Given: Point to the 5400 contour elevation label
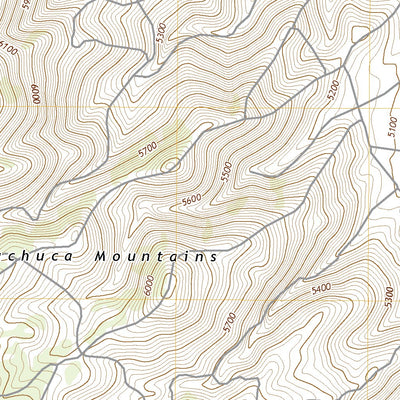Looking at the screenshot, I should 321,289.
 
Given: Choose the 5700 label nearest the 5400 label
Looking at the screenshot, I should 228,322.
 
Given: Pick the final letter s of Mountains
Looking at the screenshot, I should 213,256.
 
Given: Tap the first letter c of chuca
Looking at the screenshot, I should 4,256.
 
